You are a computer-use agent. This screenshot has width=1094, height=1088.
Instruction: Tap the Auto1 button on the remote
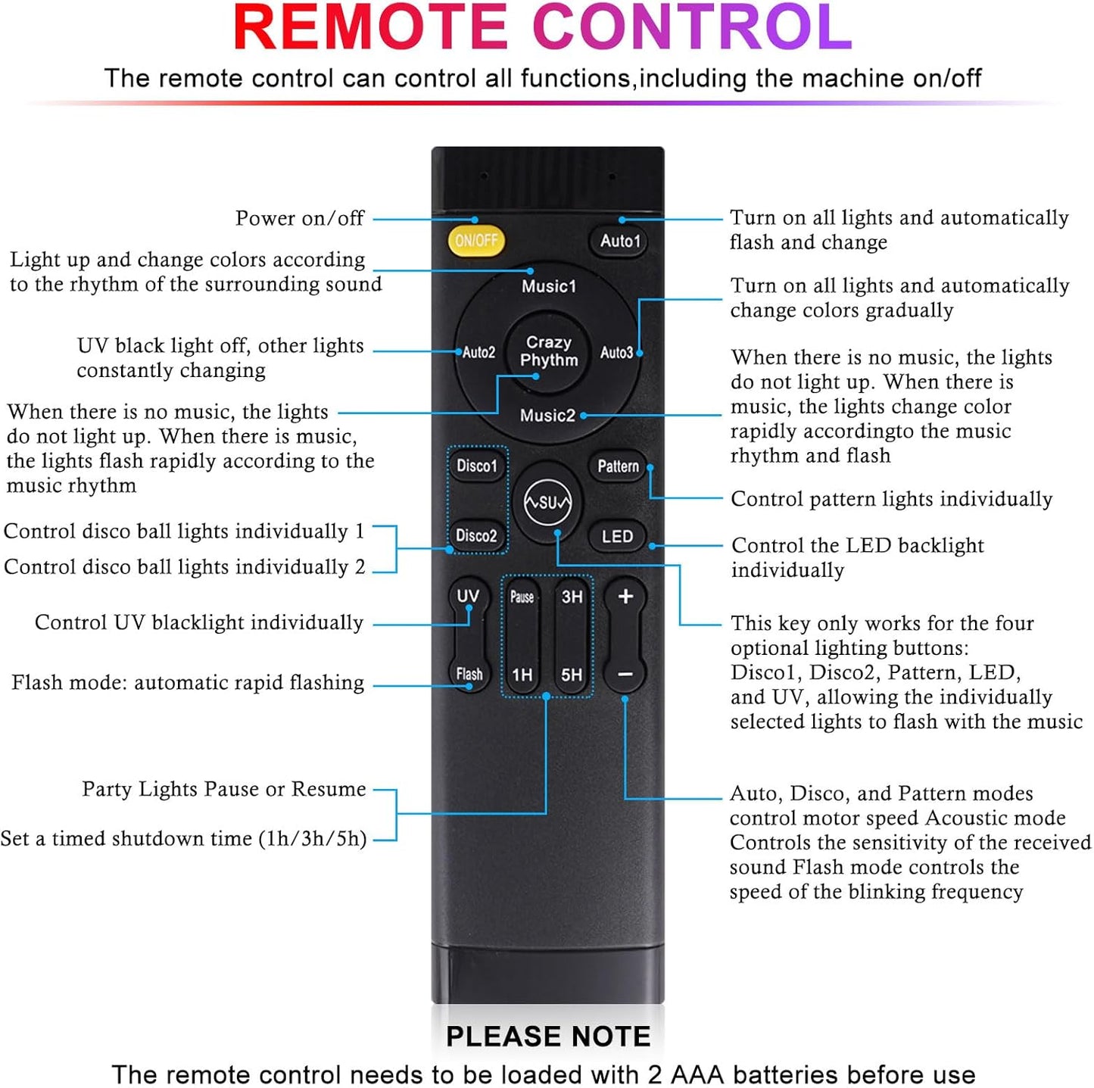pyautogui.click(x=619, y=241)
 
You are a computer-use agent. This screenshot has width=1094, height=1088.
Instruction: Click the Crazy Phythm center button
pyautogui.click(x=548, y=351)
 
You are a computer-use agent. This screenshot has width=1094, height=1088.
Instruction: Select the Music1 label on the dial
pyautogui.click(x=548, y=286)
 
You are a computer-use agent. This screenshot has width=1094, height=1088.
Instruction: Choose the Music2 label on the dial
pyautogui.click(x=547, y=415)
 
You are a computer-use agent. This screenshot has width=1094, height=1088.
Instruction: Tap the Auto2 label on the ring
pyautogui.click(x=478, y=352)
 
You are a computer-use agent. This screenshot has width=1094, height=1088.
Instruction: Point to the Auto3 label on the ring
pyautogui.click(x=616, y=352)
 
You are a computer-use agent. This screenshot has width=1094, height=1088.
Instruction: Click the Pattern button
pyautogui.click(x=618, y=466)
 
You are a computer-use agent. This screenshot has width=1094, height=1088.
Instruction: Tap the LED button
pyautogui.click(x=617, y=536)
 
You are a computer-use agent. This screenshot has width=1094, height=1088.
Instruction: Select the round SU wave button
pyautogui.click(x=547, y=502)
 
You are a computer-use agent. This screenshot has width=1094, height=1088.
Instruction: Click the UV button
pyautogui.click(x=468, y=596)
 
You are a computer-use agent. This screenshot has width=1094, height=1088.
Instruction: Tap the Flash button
pyautogui.click(x=469, y=674)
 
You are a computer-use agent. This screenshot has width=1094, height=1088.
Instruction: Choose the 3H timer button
pyautogui.click(x=572, y=597)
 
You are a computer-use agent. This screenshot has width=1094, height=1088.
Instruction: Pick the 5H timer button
pyautogui.click(x=572, y=675)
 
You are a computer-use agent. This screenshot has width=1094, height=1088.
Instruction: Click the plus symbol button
pyautogui.click(x=625, y=597)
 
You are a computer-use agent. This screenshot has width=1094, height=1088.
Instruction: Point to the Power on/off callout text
pyautogui.click(x=299, y=218)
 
